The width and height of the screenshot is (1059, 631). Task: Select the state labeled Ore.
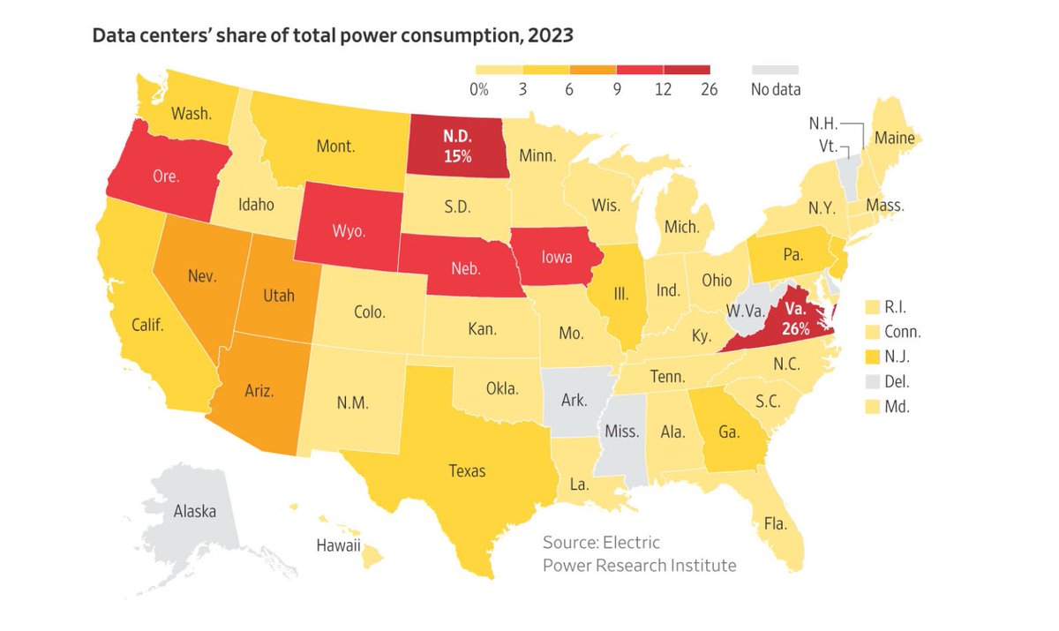[165, 176]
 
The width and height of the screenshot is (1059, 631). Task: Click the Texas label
[467, 470]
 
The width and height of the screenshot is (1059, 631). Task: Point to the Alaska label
[194, 510]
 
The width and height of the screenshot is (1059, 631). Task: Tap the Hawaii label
[339, 545]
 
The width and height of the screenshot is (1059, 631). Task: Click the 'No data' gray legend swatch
[775, 69]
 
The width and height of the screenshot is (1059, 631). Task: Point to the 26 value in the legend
[709, 88]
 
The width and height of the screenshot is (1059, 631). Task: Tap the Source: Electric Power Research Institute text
[638, 553]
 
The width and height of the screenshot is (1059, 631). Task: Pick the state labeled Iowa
[557, 258]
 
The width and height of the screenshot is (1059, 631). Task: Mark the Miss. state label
[623, 432]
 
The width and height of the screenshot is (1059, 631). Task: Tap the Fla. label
[775, 523]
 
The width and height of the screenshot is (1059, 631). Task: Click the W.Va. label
[745, 311]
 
